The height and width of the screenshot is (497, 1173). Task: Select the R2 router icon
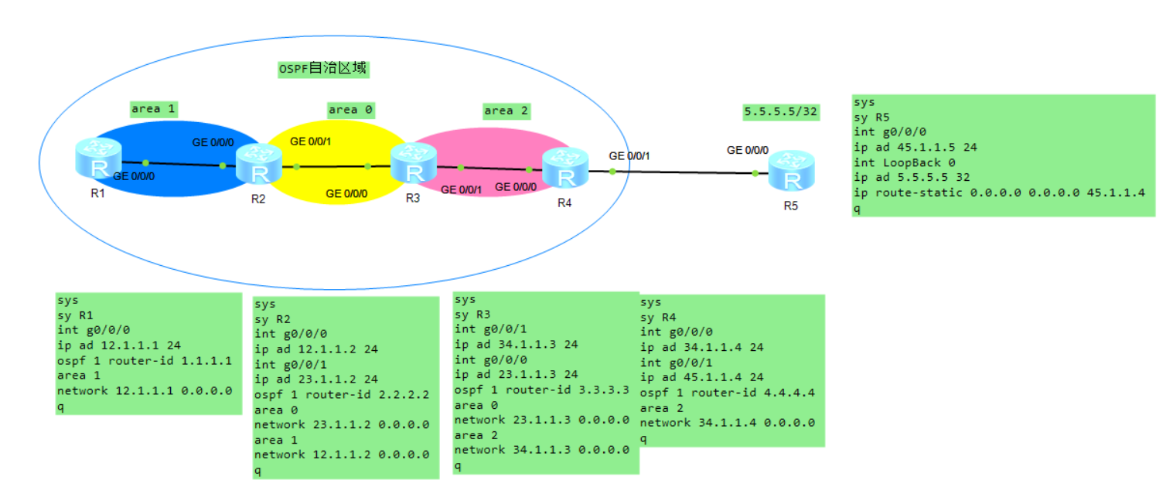point(258,163)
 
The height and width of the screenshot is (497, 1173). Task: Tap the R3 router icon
point(414,163)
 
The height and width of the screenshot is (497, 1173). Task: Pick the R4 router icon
point(565,168)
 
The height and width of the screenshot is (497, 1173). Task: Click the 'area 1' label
point(152,108)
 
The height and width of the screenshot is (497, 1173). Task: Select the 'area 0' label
point(350,110)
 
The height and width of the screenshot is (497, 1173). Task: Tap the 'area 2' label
point(506,111)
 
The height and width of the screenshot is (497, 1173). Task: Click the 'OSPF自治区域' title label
point(323,69)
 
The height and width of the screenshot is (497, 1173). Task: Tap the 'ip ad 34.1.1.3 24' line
point(516,345)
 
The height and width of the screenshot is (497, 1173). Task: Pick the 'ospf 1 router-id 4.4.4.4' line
point(727,393)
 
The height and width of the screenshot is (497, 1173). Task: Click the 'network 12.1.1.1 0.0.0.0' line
point(145,390)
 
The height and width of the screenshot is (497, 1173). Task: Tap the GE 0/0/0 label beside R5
point(748,149)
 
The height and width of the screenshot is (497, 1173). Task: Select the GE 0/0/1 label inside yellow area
point(311,141)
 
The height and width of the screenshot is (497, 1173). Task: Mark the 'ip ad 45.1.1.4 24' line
point(701,377)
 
